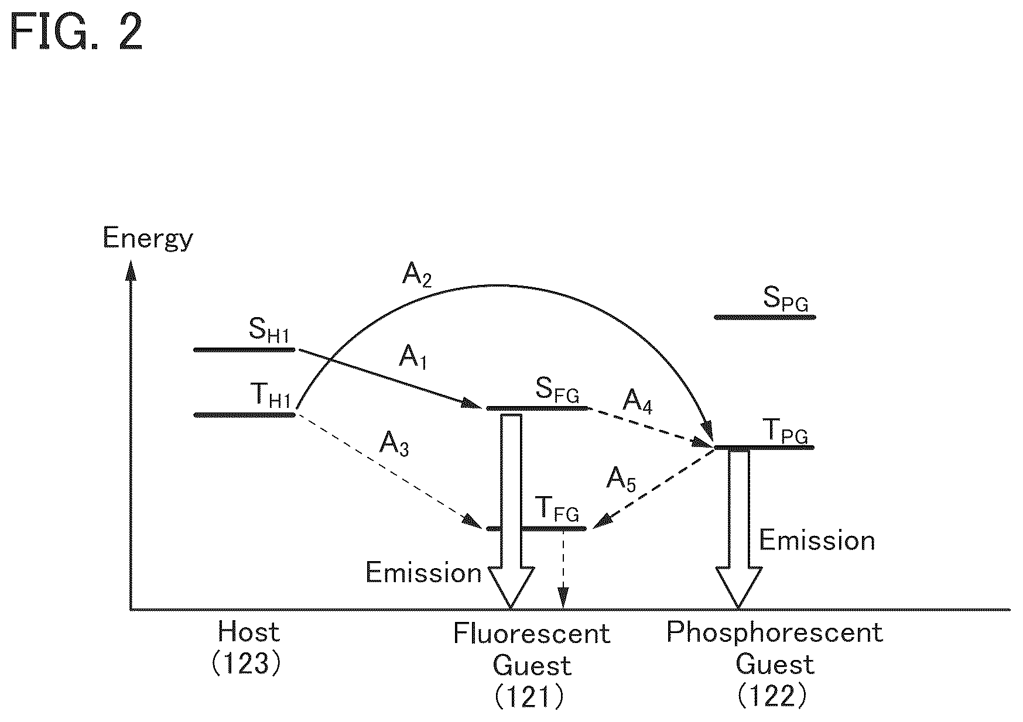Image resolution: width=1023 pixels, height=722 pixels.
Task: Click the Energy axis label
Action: coord(148,239)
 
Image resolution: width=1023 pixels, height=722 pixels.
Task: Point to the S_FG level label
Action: coord(557,389)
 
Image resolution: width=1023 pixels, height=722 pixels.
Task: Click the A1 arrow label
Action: coord(413,356)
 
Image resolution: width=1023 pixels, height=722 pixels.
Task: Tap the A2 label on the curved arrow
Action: coord(417,274)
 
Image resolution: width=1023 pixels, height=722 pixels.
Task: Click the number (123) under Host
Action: coord(247,664)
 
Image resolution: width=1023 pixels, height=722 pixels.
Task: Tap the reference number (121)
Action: coord(530,697)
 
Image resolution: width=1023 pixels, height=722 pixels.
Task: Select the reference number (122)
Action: coord(772,696)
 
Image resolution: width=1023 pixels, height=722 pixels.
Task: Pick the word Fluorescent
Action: coord(532,634)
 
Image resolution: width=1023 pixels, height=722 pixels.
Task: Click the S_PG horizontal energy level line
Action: coord(765,317)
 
